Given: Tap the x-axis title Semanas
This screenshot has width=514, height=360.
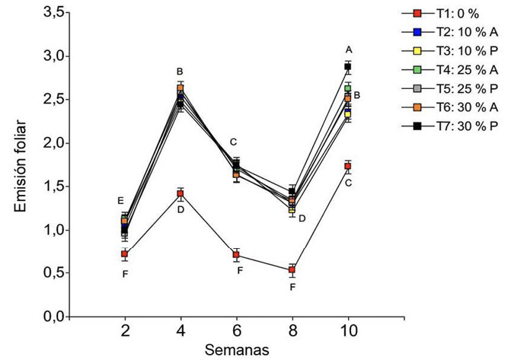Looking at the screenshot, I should (x=235, y=350).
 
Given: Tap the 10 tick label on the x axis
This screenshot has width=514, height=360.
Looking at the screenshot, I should (x=348, y=333).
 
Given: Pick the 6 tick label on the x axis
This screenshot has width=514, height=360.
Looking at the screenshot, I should (x=236, y=333).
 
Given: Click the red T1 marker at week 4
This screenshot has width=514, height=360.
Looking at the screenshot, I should (x=180, y=194).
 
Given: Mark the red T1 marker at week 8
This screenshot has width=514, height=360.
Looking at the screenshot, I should (x=292, y=270).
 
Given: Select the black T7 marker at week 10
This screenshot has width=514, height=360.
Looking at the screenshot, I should (x=347, y=67).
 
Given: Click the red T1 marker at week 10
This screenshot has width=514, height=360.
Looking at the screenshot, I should (x=347, y=166).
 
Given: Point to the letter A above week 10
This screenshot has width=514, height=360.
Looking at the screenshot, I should (x=349, y=49).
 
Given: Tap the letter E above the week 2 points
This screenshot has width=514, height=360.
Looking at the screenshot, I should (x=120, y=200).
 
